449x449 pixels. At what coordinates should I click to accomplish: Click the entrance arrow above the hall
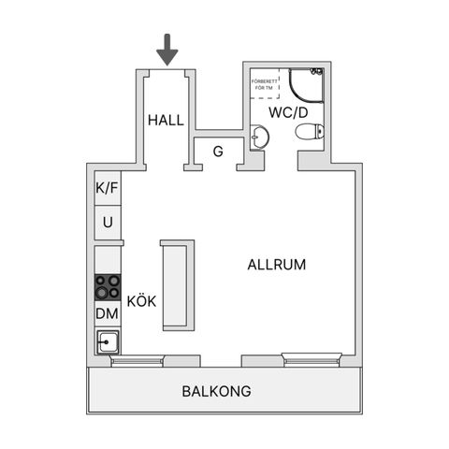click(167, 50)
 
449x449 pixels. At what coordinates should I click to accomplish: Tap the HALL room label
click(166, 121)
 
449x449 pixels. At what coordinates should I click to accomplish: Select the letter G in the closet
click(218, 152)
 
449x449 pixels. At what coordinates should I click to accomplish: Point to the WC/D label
click(288, 112)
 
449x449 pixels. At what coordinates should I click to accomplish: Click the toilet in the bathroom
click(310, 132)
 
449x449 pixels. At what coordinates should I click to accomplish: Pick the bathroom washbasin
click(259, 137)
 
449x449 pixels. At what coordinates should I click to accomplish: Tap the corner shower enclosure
click(306, 85)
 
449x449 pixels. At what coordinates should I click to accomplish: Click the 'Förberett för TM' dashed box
click(265, 83)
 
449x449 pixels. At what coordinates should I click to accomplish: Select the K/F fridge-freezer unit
click(108, 188)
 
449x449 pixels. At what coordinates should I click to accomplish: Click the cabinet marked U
click(108, 223)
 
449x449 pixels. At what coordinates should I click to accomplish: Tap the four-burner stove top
click(108, 287)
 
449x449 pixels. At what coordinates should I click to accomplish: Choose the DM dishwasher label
click(108, 313)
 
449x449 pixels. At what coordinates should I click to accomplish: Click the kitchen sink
click(108, 342)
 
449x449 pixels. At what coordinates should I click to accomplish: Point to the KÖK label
click(141, 301)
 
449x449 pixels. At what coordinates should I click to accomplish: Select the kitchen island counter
click(178, 285)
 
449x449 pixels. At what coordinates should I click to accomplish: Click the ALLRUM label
click(277, 265)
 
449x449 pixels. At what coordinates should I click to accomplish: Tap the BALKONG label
click(217, 391)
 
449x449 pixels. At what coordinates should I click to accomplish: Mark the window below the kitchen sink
click(138, 361)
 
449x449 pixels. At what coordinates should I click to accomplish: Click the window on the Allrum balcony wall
click(311, 359)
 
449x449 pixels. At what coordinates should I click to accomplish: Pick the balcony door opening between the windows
click(221, 361)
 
